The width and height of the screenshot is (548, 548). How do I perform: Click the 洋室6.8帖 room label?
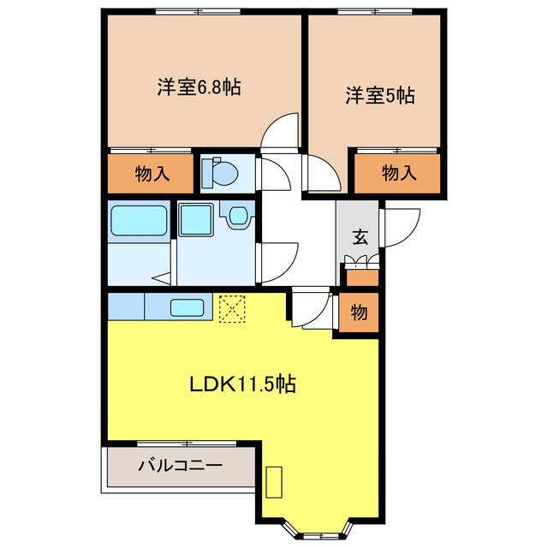(x=198, y=86)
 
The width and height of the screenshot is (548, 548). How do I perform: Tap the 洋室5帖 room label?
(x=380, y=94)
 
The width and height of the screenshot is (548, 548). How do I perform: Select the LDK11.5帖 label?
(x=242, y=384)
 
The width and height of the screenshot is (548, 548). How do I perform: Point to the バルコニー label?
(x=180, y=467)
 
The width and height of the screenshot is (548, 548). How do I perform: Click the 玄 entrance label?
(x=360, y=238)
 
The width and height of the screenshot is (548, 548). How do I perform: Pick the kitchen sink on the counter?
(x=186, y=307)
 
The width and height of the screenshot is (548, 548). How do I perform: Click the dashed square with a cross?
(x=231, y=308)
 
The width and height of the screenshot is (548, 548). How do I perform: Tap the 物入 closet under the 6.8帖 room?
(x=152, y=175)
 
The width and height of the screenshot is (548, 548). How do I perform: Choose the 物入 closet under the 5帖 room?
(x=398, y=174)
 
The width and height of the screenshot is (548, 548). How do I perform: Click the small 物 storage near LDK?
(x=359, y=313)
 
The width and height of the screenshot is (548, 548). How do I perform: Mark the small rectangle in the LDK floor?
(x=275, y=482)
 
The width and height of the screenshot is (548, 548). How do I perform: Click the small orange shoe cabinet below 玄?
(x=360, y=277)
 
